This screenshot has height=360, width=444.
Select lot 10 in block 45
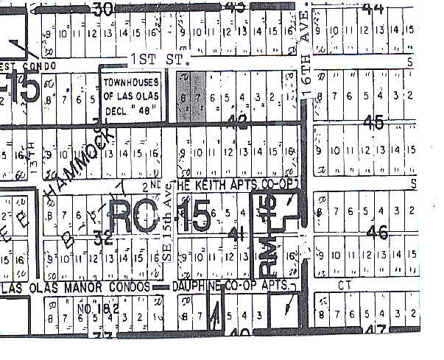click(x=333, y=152)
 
